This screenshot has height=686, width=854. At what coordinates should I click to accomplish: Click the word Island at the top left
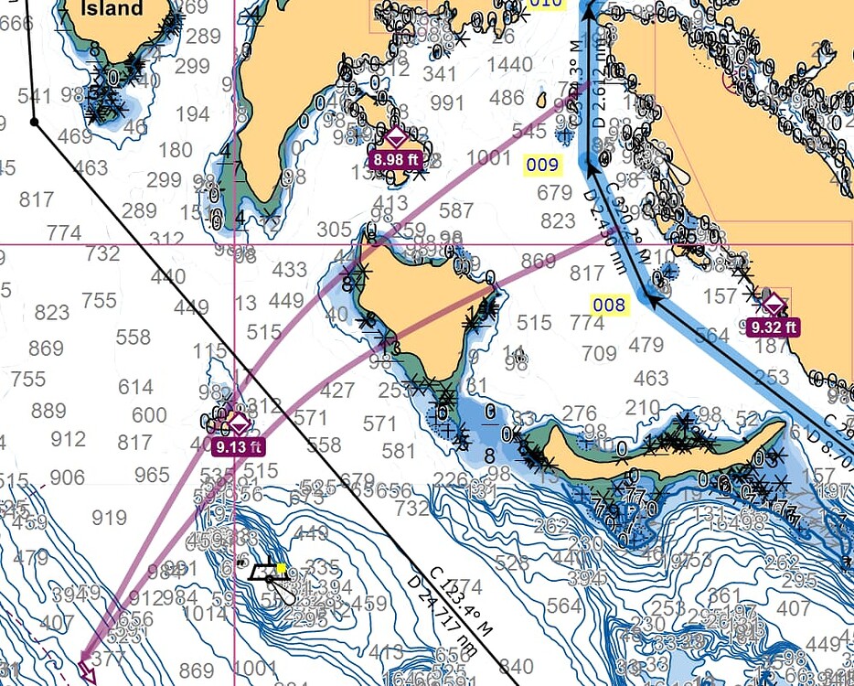112,9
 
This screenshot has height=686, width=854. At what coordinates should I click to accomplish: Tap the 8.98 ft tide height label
395,159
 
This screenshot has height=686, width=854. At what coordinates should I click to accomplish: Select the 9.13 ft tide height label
238,447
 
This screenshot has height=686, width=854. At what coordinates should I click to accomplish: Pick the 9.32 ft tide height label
773,326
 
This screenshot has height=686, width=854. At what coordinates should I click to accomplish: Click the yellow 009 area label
542,166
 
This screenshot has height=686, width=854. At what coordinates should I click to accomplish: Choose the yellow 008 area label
610,305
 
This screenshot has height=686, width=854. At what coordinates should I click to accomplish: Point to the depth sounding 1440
509,64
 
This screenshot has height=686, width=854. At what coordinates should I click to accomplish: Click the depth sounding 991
447,102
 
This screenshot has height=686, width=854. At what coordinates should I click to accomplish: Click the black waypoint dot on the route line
34,121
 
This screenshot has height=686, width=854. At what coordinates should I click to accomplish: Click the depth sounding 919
109,519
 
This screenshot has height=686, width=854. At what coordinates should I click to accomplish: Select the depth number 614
135,387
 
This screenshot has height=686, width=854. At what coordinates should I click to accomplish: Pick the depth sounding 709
600,353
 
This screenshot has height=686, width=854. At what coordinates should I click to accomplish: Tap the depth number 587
456,210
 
